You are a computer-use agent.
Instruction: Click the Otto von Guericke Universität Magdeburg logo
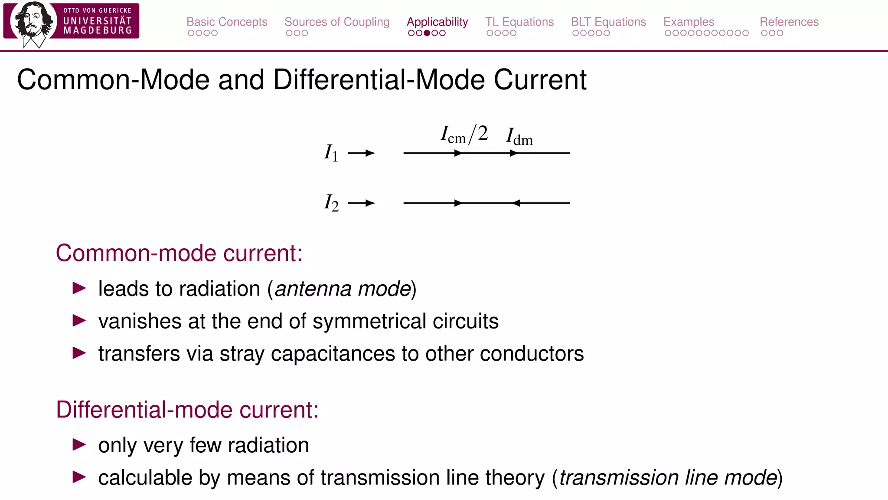pos(71,22)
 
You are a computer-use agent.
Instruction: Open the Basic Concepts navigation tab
pos(227,22)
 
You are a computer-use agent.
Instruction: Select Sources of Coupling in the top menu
pos(337,22)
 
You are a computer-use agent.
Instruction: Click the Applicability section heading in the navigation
pos(437,22)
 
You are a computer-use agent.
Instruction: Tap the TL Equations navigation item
pos(519,22)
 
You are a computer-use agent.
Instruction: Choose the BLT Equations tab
pos(608,22)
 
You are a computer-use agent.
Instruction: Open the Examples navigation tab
pos(689,22)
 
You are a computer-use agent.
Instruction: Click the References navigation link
pos(789,22)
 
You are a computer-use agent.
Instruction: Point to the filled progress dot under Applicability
pos(427,33)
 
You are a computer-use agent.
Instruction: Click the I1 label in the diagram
pos(331,153)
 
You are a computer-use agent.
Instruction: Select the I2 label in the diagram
pos(331,203)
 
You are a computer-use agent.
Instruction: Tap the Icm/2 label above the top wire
pos(464,135)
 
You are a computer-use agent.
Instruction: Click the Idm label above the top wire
pos(519,137)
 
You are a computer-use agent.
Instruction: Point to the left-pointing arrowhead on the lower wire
pos(516,203)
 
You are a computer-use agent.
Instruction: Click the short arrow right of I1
pos(362,153)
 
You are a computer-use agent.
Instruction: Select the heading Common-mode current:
pos(179,253)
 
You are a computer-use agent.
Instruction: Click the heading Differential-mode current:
pos(187,410)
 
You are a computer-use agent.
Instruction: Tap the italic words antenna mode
pos(343,289)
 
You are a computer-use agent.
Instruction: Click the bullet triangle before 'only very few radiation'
pos(79,444)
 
